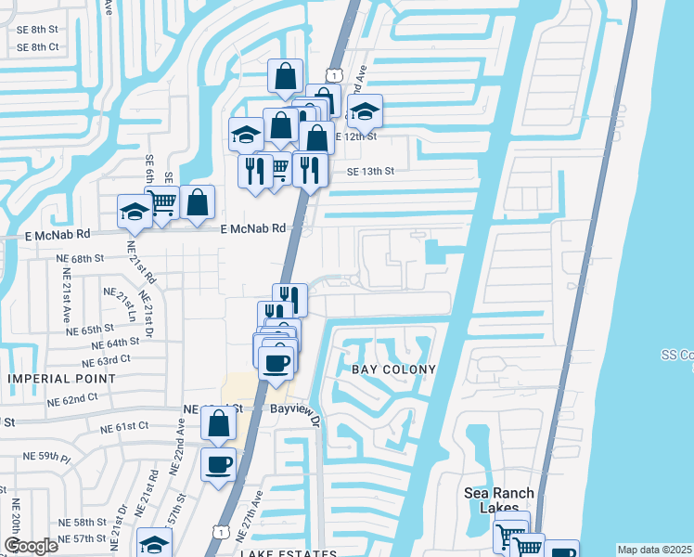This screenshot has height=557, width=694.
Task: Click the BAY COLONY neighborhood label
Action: [393, 369]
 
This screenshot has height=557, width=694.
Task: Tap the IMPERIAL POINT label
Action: [62, 379]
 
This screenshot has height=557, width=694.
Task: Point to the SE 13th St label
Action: [371, 171]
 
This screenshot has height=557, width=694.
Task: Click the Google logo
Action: [30, 546]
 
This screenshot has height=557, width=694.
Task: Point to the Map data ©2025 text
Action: [655, 550]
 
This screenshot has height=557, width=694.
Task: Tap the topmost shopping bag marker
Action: [285, 75]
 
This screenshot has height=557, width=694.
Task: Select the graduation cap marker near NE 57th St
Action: [154, 544]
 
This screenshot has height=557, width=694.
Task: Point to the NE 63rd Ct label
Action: [106, 359]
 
